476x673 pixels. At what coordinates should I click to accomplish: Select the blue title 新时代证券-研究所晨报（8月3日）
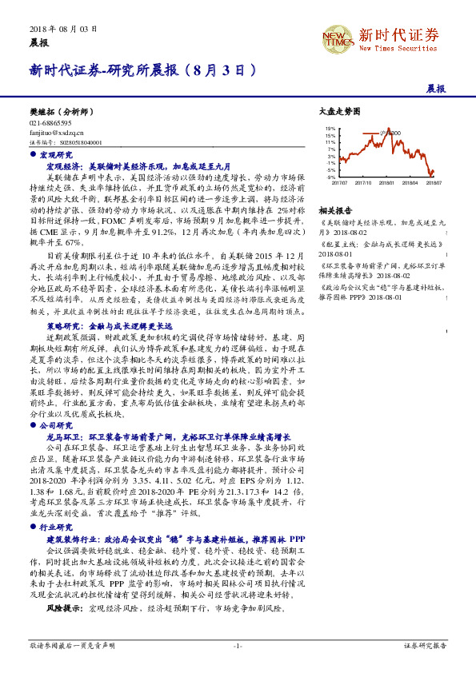coord(143,70)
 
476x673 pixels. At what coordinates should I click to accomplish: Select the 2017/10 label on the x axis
coord(362,183)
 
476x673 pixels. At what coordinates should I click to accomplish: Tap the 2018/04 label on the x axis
coord(410,183)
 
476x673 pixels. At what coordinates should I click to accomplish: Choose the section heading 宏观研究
coord(54,153)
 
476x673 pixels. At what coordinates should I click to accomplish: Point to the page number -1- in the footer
coord(238,644)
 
